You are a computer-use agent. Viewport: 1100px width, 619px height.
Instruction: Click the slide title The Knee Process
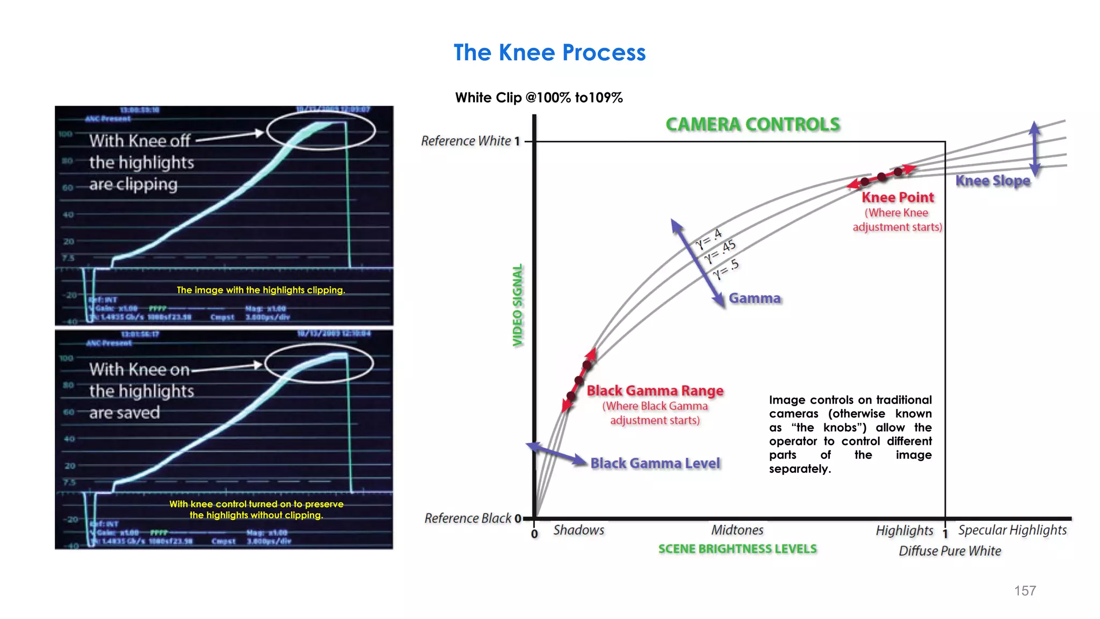(x=549, y=53)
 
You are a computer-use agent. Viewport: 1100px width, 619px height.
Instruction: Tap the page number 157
(x=1025, y=591)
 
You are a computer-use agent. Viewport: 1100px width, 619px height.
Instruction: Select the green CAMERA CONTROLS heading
(x=752, y=125)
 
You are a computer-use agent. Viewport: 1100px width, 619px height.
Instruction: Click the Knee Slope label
(x=993, y=181)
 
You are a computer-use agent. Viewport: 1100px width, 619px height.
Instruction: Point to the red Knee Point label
(x=898, y=197)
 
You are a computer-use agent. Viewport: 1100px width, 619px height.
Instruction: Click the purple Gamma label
(x=755, y=298)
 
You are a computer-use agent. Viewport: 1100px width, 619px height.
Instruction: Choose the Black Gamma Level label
(x=655, y=463)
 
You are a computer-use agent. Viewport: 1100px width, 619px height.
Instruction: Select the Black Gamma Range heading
(x=655, y=391)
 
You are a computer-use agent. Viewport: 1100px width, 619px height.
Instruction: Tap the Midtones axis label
(x=737, y=530)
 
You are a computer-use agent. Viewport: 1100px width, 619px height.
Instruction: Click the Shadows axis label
(x=578, y=530)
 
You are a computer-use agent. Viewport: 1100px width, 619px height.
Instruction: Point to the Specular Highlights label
(x=1012, y=530)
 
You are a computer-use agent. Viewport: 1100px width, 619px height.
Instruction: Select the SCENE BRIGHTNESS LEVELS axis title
(x=737, y=549)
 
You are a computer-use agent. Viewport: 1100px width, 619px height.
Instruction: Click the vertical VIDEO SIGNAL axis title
(x=517, y=305)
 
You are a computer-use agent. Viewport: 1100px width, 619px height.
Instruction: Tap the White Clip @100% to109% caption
(x=539, y=98)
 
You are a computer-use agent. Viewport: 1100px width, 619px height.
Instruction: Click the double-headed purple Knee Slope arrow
(x=1035, y=148)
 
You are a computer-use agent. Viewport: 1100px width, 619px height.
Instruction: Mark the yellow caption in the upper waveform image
(x=261, y=290)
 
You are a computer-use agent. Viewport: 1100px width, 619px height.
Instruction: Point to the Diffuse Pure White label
(x=950, y=551)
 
